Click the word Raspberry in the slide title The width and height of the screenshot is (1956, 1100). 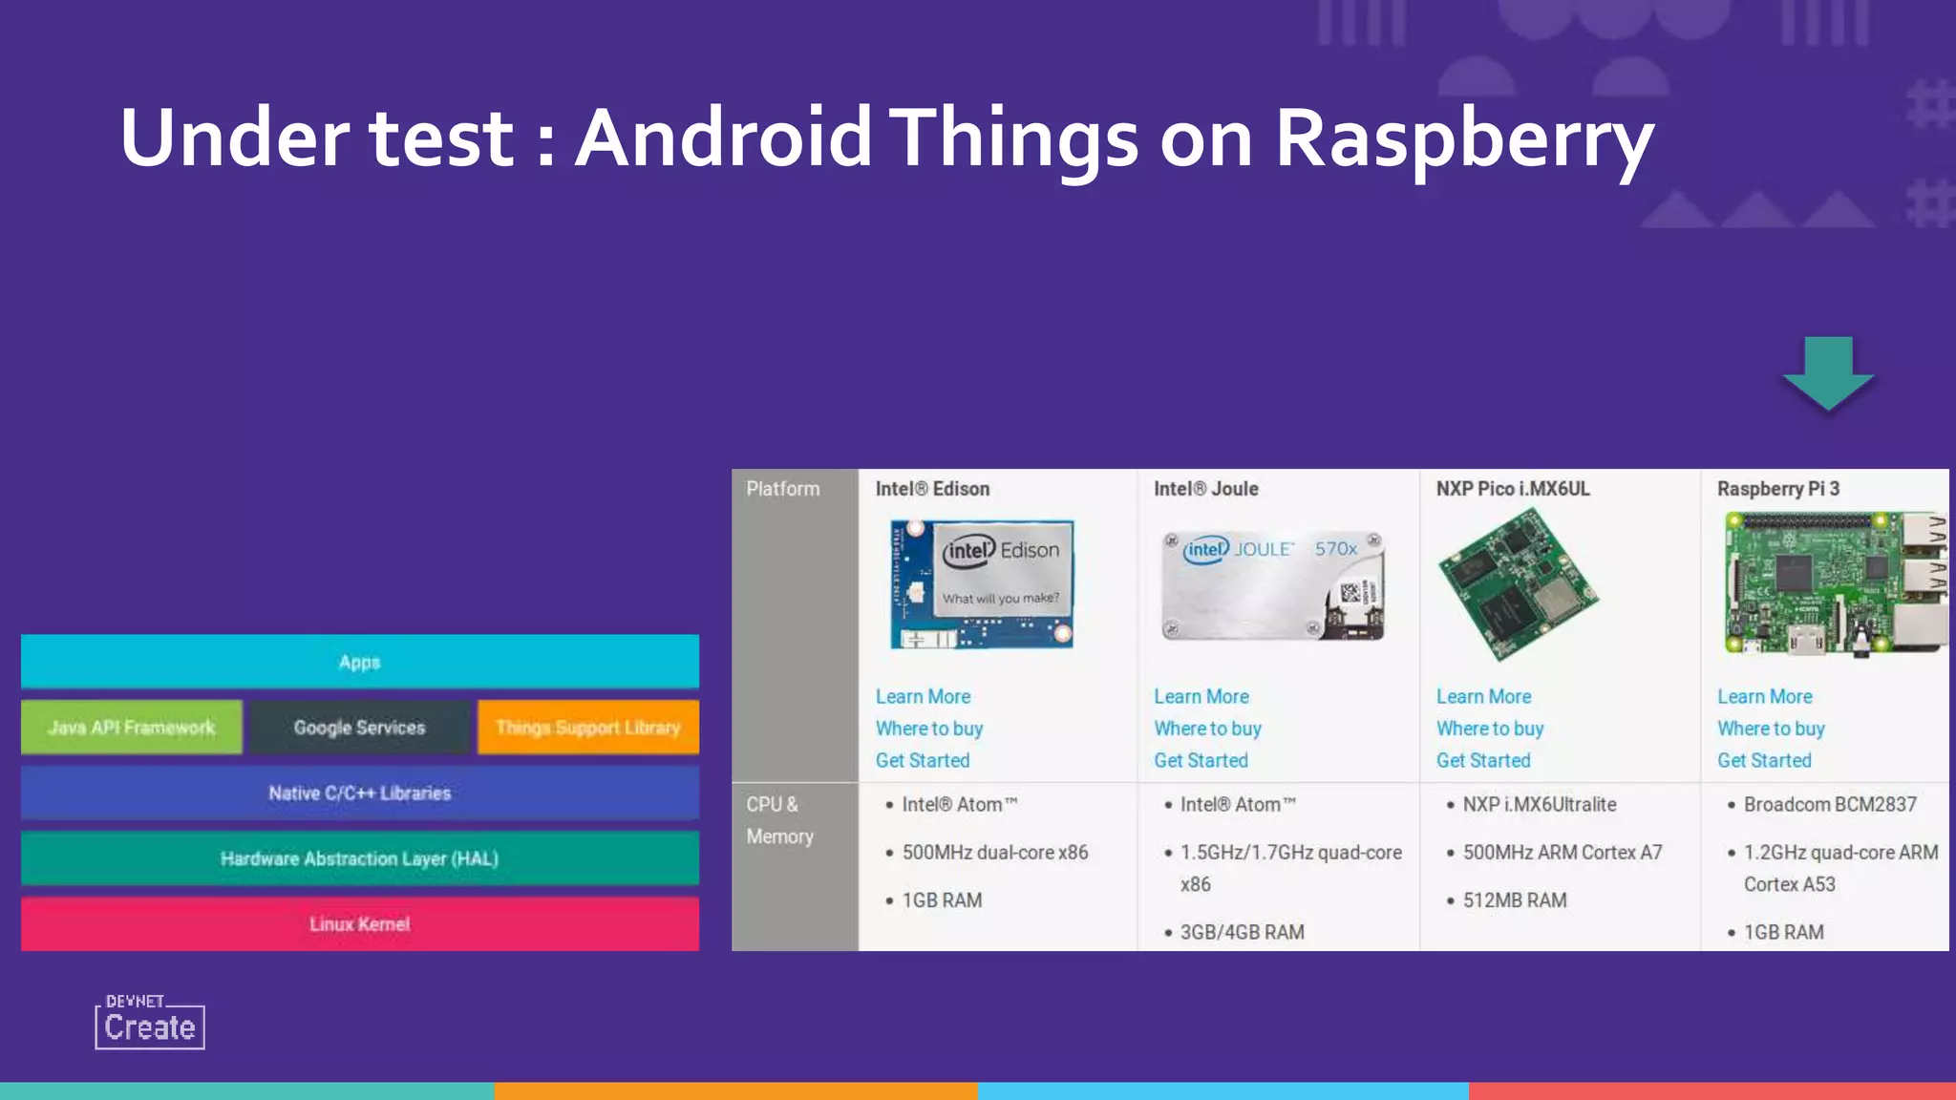click(1463, 139)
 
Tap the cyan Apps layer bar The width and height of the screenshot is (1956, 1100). click(360, 662)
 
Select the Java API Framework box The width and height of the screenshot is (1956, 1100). click(132, 728)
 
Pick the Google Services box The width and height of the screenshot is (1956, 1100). click(359, 728)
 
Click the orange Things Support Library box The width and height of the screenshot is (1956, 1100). click(588, 728)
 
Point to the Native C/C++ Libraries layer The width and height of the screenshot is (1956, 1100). click(360, 793)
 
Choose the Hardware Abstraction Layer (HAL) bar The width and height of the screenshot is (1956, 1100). click(360, 858)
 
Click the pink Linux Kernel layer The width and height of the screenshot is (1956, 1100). click(360, 924)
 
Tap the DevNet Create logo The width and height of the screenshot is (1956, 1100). click(150, 1023)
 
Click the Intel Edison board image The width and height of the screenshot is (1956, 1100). click(982, 584)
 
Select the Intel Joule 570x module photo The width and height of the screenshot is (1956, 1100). click(1273, 585)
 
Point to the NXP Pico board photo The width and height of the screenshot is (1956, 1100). click(1518, 585)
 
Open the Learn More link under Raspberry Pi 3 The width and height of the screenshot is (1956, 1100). click(1764, 697)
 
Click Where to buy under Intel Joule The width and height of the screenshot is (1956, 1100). click(1207, 729)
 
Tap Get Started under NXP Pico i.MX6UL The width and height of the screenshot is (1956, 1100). click(1483, 761)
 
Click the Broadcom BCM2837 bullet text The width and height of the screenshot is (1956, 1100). click(1830, 805)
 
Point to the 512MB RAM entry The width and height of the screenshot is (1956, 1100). click(1515, 900)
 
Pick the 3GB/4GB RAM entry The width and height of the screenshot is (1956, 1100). click(1242, 933)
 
